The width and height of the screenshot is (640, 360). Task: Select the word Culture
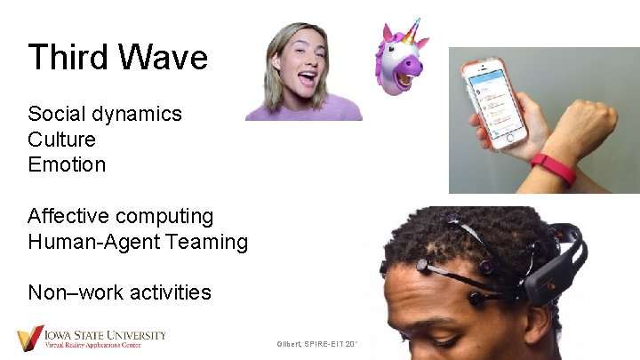(61, 140)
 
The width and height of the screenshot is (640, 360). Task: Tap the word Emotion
(67, 164)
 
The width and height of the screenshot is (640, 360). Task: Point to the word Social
(54, 114)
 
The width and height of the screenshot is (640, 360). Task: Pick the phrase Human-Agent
(93, 241)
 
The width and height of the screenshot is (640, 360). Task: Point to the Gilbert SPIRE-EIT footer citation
(316, 343)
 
